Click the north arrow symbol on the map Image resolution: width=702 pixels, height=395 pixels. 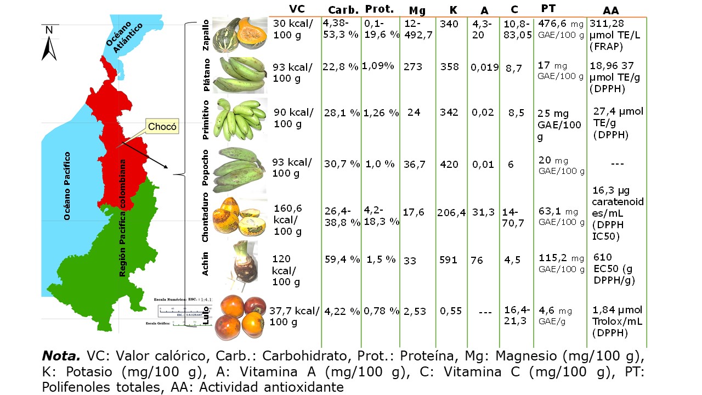(49, 44)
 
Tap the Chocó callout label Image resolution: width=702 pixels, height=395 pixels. (163, 127)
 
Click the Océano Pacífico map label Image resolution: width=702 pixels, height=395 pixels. (67, 186)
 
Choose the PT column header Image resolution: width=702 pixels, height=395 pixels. (547, 8)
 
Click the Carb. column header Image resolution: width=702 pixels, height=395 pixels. (343, 10)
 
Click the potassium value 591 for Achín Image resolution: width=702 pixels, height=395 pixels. (448, 260)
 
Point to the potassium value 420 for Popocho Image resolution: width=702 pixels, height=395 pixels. (449, 164)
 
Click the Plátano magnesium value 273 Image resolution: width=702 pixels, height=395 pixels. (412, 67)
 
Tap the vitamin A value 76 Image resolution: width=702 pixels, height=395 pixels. (477, 260)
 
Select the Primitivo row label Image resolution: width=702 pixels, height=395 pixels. (206, 117)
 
